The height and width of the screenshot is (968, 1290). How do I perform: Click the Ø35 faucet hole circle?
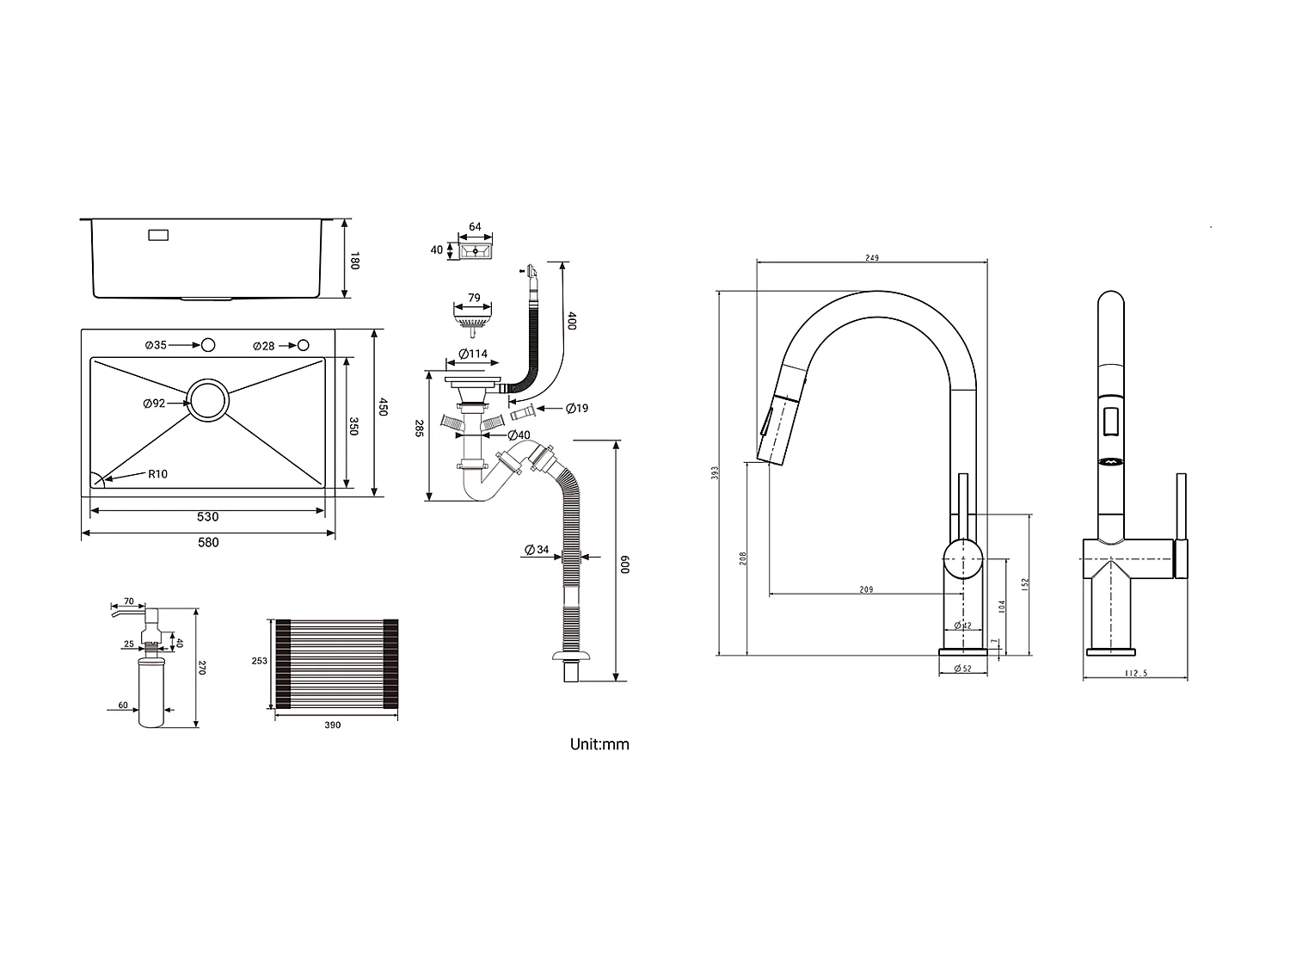[207, 345]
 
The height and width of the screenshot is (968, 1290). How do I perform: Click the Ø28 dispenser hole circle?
[303, 345]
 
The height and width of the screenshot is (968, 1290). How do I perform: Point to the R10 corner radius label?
[157, 473]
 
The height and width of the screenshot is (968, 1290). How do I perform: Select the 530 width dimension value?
[208, 517]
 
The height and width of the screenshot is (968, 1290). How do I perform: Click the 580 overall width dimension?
[208, 542]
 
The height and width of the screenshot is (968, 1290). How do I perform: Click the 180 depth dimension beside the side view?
[353, 260]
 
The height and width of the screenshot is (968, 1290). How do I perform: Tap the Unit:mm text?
[599, 744]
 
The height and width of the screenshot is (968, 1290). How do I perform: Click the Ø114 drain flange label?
[472, 354]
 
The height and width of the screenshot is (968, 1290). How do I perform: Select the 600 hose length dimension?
[626, 564]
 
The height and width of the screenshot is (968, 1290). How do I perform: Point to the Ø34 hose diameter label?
[537, 550]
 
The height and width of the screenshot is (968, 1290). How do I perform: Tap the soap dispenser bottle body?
[152, 693]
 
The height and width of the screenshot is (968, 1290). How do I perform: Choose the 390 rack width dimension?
[333, 725]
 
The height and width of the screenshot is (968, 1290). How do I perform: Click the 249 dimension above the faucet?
[871, 258]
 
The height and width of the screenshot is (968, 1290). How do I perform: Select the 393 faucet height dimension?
[715, 473]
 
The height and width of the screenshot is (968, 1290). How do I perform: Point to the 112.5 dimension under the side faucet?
[1135, 674]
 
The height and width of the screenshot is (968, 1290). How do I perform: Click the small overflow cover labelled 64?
[473, 251]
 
